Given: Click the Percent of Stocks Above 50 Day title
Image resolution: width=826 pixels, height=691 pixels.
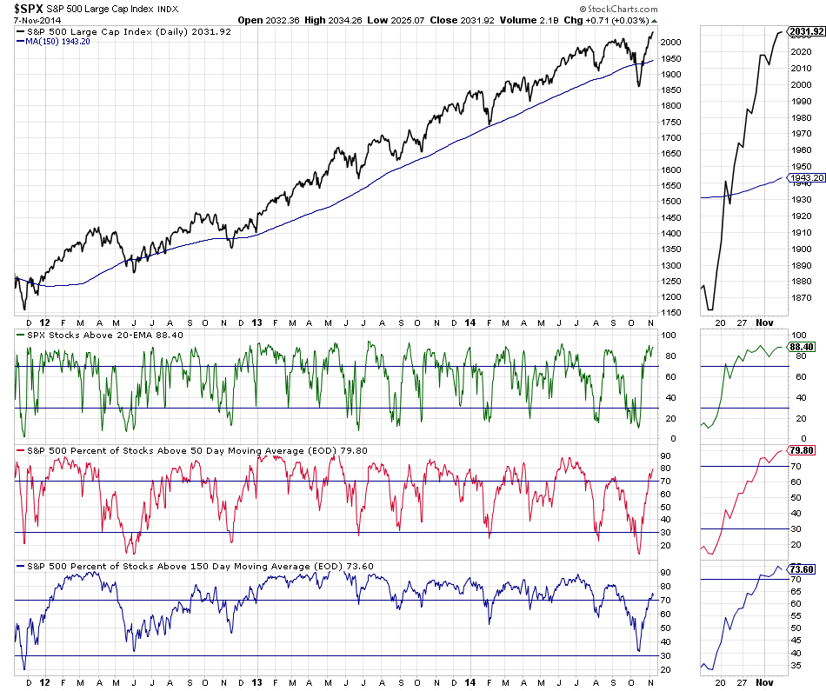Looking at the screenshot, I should point(174,450).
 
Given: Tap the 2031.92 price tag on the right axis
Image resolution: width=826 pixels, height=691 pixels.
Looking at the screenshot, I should point(806,32).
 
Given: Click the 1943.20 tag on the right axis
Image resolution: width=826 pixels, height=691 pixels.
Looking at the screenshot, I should point(806,178).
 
